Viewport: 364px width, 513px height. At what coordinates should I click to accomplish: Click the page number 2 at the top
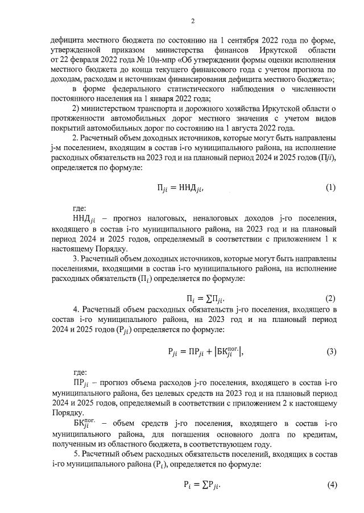pyautogui.click(x=193, y=22)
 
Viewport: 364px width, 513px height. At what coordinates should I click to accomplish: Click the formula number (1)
pyautogui.click(x=330, y=187)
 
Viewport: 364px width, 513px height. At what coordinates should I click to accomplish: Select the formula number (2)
pyautogui.click(x=330, y=298)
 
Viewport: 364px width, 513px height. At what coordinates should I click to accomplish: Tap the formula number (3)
pyautogui.click(x=330, y=351)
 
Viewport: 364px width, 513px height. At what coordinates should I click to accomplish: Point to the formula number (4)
pyautogui.click(x=330, y=485)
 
